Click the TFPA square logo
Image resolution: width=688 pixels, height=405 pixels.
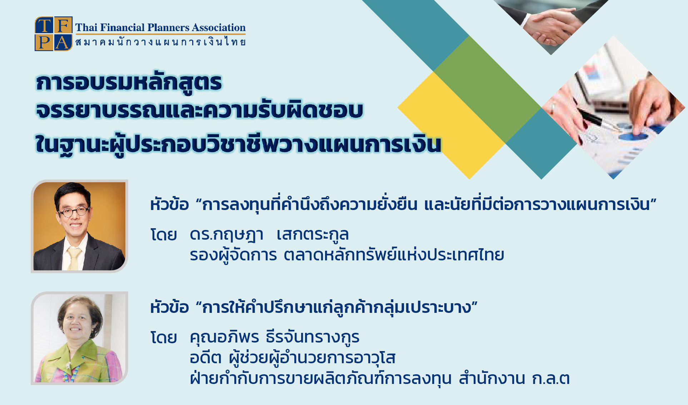54,34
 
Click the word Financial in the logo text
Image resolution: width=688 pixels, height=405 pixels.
122,27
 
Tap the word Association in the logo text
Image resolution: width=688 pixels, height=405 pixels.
219,27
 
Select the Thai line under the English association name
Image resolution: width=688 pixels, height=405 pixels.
160,42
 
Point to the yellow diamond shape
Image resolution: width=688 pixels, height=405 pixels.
452,125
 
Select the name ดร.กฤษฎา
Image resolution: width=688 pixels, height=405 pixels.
226,235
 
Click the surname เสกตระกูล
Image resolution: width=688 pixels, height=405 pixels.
313,235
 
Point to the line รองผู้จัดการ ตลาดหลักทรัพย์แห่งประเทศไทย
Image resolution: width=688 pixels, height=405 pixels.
347,255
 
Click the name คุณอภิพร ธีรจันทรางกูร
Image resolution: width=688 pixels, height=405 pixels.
274,337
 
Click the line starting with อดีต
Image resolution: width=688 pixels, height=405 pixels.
293,358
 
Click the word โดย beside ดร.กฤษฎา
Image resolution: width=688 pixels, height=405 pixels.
164,235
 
